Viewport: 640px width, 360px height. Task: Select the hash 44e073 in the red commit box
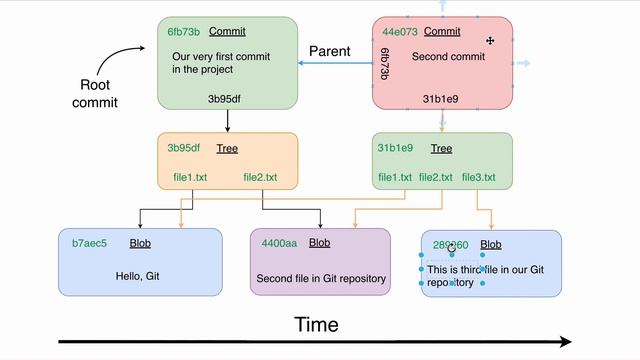click(x=400, y=31)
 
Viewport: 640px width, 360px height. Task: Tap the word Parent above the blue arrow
click(x=329, y=51)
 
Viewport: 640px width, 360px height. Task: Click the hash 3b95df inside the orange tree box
click(x=184, y=148)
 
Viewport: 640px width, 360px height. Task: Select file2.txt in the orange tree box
click(x=260, y=178)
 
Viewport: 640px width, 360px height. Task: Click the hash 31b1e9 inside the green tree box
click(x=395, y=148)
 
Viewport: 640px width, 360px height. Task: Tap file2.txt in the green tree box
click(x=435, y=178)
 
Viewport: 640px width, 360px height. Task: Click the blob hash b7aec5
click(x=89, y=243)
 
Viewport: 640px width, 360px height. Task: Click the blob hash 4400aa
click(x=279, y=243)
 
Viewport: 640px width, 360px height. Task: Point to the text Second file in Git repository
click(x=321, y=278)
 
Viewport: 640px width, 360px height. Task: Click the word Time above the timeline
click(x=316, y=325)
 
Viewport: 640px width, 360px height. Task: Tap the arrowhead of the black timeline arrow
click(x=565, y=342)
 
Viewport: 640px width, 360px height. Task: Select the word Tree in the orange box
click(x=227, y=148)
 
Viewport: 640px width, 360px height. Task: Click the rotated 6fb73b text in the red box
click(x=385, y=63)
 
